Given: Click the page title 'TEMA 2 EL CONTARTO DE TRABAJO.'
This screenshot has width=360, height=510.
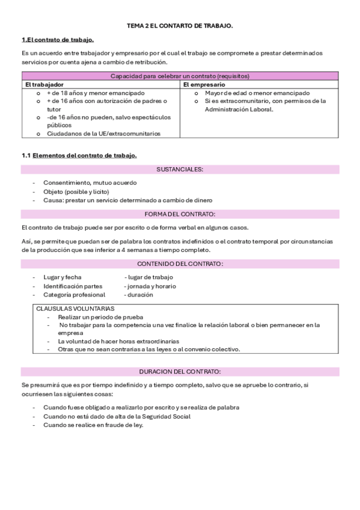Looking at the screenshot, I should click(x=180, y=26).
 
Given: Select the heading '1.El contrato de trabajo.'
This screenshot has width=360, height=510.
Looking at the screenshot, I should click(x=58, y=40).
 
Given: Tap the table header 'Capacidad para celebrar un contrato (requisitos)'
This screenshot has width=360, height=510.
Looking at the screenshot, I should click(x=180, y=76).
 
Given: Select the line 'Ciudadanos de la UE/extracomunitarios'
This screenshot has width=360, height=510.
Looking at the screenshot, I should click(x=103, y=134).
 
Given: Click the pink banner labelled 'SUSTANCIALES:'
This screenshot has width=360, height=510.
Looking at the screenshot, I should click(x=180, y=170).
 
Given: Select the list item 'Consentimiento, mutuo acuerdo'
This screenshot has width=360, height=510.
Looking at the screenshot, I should click(x=90, y=182).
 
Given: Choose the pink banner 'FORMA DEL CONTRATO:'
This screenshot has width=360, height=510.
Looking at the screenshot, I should click(x=180, y=214).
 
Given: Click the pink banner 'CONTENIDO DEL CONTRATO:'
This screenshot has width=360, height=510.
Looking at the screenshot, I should click(x=180, y=263).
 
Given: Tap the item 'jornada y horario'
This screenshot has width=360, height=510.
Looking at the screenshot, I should click(x=150, y=286).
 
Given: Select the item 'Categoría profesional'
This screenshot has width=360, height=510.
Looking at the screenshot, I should click(x=74, y=295).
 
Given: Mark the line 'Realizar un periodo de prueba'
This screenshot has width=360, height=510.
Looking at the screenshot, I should click(x=100, y=317).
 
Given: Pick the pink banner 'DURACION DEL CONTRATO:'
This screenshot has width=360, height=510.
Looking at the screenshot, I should click(x=180, y=371).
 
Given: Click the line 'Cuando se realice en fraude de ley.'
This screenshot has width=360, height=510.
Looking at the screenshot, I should click(x=93, y=425).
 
